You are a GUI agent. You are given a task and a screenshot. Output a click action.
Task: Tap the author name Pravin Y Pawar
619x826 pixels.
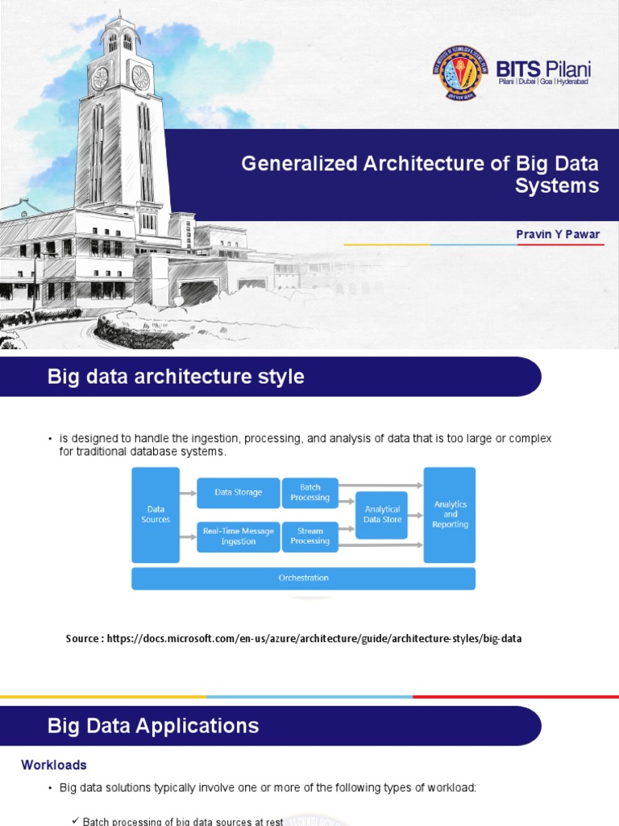[558, 234]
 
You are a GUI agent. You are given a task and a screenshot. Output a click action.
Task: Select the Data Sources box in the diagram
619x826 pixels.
[156, 515]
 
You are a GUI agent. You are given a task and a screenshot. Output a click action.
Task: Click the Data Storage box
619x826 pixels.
[238, 493]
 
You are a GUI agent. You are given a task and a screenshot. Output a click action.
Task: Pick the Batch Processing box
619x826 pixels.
[310, 493]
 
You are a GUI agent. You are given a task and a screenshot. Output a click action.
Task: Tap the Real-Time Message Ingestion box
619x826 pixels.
[238, 536]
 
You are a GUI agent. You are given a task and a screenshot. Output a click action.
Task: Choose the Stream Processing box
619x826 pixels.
[310, 536]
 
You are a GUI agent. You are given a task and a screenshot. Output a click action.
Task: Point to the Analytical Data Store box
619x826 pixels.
[382, 515]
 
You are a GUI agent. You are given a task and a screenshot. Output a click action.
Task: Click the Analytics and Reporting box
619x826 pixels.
[450, 515]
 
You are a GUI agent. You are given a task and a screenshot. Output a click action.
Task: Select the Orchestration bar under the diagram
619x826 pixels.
[303, 578]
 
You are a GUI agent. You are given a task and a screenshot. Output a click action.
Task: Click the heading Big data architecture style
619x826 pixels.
[176, 377]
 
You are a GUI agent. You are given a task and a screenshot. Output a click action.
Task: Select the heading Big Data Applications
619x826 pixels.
[153, 726]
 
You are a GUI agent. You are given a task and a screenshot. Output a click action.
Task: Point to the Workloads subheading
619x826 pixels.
[53, 765]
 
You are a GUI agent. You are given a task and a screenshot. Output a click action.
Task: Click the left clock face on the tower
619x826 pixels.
[101, 78]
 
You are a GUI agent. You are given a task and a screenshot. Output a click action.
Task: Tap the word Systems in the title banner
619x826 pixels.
[557, 186]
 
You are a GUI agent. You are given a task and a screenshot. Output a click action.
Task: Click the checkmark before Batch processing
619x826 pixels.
[75, 820]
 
